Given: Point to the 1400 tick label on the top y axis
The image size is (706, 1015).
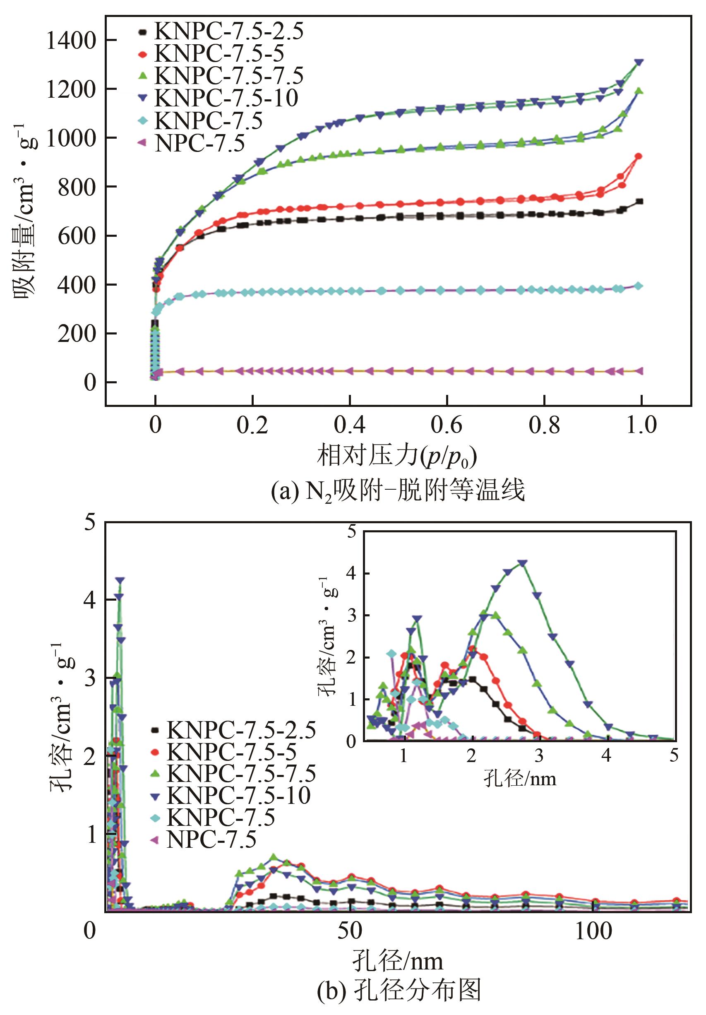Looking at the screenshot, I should click(x=71, y=41).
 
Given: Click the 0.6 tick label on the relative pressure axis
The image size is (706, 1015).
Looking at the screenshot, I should click(x=447, y=425).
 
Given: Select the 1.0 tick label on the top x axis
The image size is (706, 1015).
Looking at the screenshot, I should click(x=641, y=425).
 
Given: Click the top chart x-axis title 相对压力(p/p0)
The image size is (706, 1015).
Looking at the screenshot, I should click(x=396, y=456).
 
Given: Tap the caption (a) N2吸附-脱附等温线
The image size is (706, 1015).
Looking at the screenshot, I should click(x=397, y=491).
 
